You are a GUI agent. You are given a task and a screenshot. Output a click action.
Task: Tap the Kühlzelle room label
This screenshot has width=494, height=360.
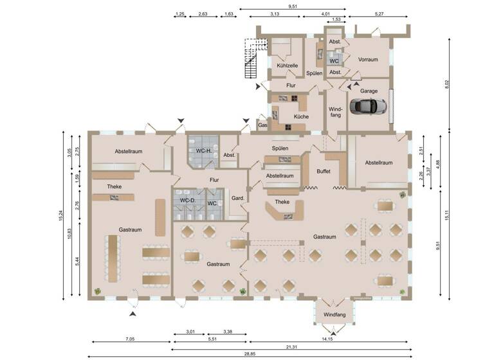tap(287, 66)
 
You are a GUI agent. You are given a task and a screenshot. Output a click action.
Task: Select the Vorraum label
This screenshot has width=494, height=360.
tap(367, 59)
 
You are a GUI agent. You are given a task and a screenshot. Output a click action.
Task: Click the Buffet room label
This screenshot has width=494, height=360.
tap(324, 172)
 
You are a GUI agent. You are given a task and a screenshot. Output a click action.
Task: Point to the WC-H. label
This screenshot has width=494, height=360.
tap(205, 150)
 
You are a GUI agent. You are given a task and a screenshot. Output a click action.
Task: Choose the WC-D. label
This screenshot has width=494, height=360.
tap(188, 201)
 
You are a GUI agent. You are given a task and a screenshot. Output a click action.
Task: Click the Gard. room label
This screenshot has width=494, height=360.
tap(238, 199)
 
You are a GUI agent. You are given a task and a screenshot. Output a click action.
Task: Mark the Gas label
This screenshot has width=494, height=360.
tap(262, 125)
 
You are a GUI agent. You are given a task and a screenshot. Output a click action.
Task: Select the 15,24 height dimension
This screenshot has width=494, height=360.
tap(59, 216)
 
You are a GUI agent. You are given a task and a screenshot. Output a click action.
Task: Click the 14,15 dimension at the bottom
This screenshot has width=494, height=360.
tap(329, 339)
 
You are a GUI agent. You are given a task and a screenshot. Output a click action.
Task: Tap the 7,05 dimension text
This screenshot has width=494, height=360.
tap(130, 339)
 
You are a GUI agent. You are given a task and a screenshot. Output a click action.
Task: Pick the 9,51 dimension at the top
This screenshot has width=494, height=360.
tap(293, 6)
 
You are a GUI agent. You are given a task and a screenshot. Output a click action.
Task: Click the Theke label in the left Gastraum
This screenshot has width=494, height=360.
tap(114, 186)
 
